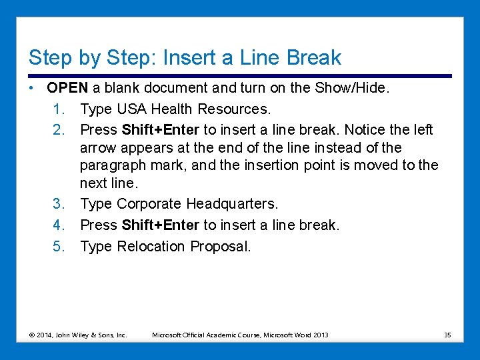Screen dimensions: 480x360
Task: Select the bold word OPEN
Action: [67, 88]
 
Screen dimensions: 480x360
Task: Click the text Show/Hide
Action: [352, 88]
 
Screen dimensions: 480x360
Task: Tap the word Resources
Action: [234, 109]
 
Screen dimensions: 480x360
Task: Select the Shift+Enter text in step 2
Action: [161, 130]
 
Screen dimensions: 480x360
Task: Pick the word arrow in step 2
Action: [98, 149]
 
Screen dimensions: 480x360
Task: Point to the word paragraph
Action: [113, 166]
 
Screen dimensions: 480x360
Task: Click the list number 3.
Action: [59, 204]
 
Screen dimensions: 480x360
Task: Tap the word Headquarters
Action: [232, 204]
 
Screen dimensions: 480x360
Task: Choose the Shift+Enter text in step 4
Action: [161, 225]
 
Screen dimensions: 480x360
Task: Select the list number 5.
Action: [59, 247]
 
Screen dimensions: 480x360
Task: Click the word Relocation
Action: [151, 247]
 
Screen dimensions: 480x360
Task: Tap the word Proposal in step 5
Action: [221, 247]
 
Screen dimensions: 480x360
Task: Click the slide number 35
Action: [447, 335]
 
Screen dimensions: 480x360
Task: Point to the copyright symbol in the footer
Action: [32, 335]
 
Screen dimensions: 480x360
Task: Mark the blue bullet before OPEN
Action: [31, 88]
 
